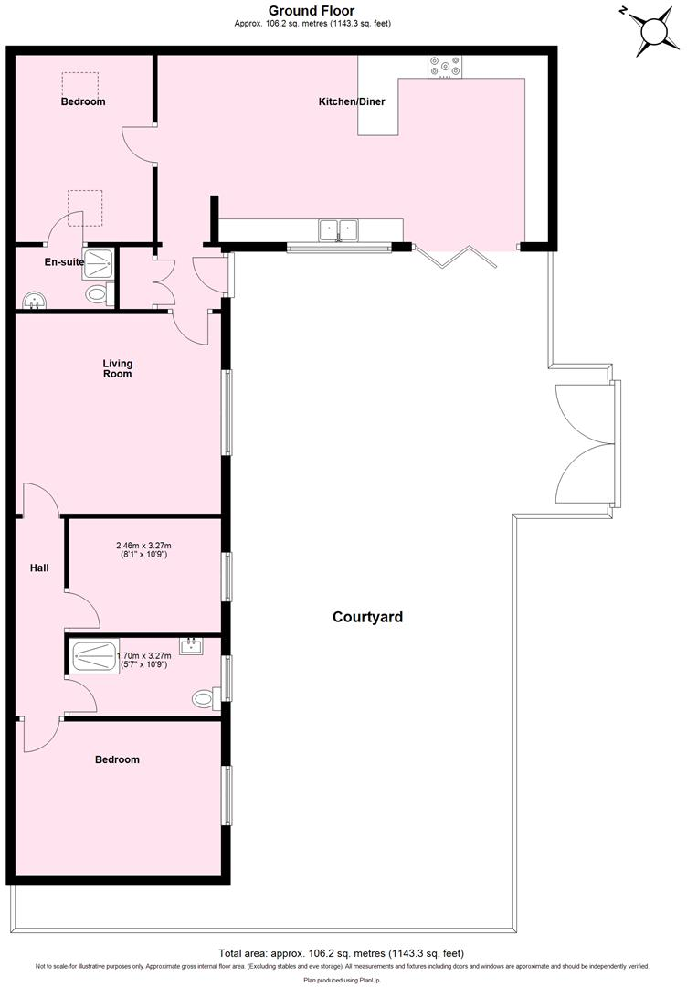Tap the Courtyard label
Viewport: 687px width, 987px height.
coord(366,617)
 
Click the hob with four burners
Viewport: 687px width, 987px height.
coord(445,67)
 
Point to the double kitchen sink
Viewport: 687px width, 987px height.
coord(338,229)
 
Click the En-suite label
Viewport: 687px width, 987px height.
coord(64,262)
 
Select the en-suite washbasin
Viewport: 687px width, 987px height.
coord(33,298)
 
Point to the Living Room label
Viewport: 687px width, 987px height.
coord(117,368)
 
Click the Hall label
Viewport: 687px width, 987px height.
coord(39,568)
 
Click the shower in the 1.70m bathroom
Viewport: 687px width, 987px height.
coord(90,654)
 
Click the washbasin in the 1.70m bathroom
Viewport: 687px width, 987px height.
coord(192,647)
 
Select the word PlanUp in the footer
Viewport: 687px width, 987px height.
coord(371,979)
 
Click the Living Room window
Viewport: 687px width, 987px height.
coord(227,412)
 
